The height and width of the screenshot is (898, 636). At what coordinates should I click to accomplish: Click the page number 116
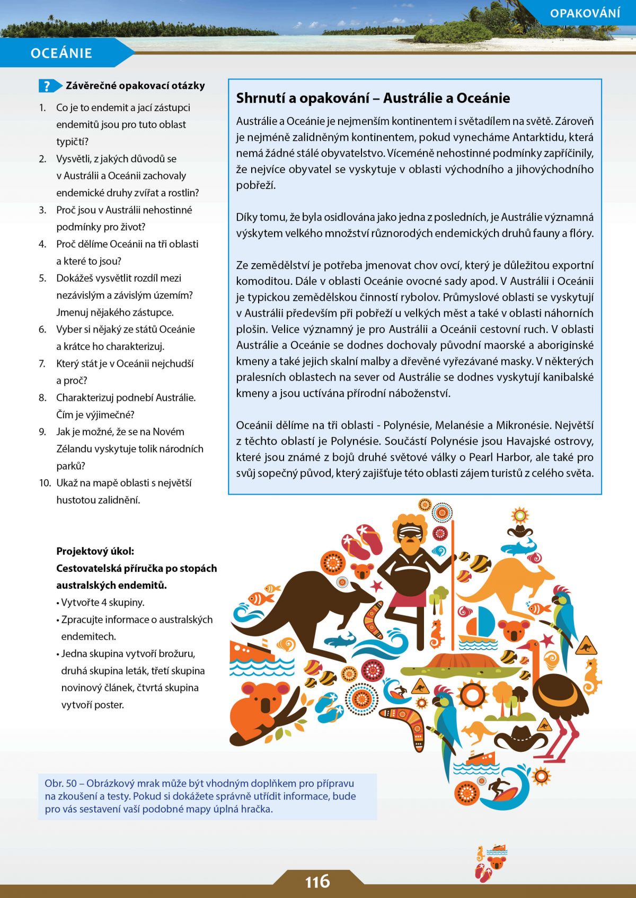(317, 882)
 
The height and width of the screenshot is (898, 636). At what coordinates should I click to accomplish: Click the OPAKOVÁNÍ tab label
(585, 13)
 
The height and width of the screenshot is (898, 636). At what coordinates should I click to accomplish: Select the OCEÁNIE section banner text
(61, 53)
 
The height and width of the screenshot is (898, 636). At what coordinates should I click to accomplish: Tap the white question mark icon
(47, 86)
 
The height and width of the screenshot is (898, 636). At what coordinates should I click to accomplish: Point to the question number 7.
(42, 364)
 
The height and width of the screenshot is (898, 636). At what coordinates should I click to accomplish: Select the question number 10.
(45, 483)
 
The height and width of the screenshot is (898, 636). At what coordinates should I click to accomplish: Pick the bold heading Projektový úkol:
(95, 551)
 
